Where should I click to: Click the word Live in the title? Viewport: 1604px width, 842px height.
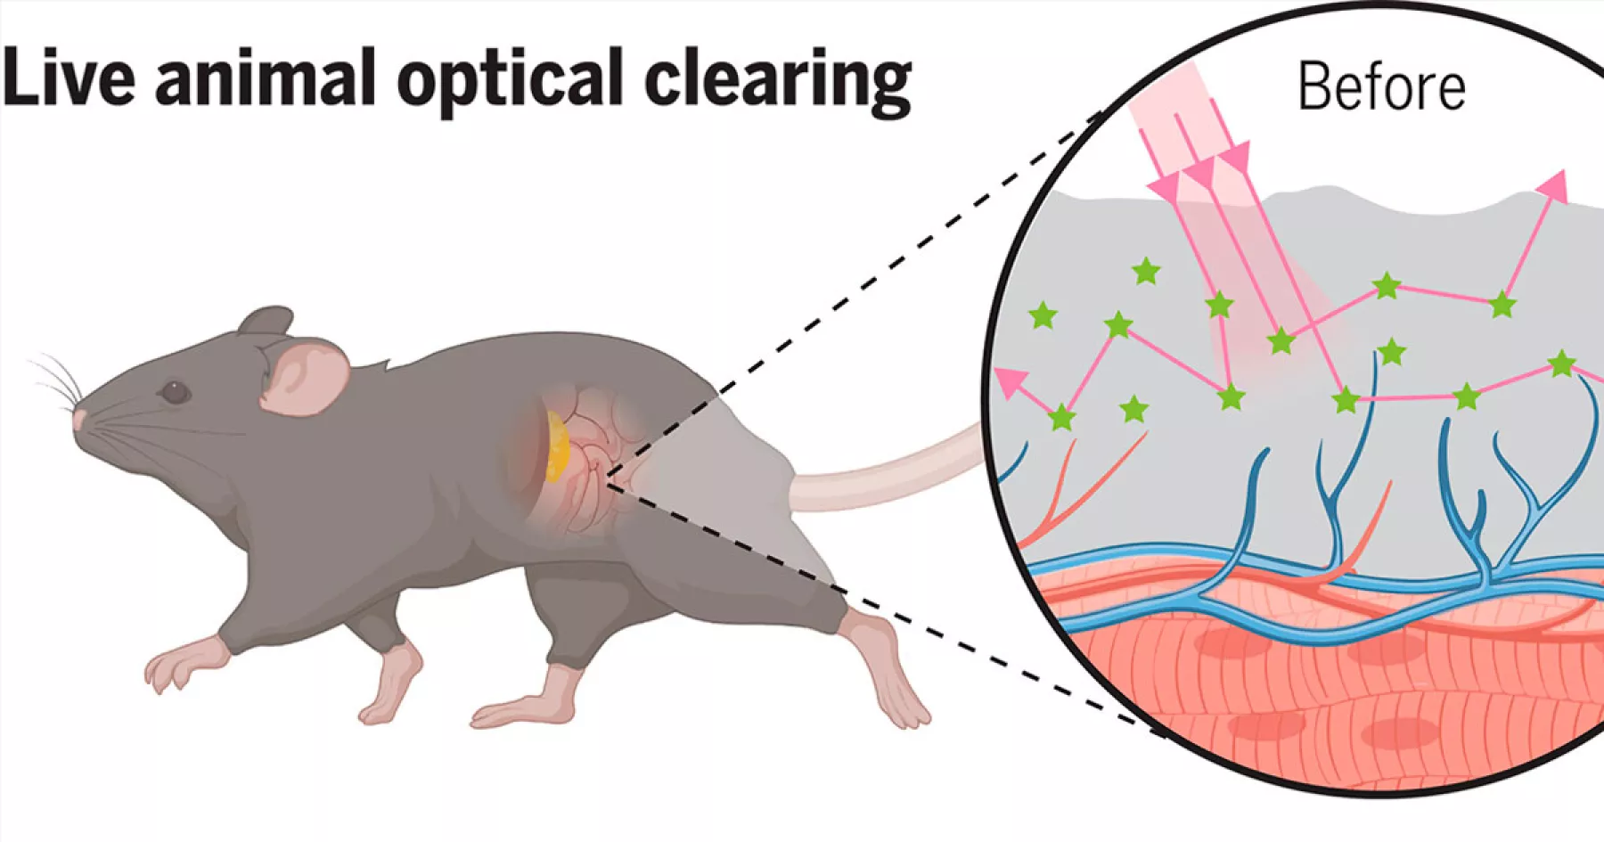(68, 78)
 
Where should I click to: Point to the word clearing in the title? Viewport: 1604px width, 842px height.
(777, 82)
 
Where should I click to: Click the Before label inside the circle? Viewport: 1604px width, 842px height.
(1380, 87)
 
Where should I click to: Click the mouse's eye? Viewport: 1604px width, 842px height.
(174, 391)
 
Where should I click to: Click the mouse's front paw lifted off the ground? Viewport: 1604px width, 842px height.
(178, 664)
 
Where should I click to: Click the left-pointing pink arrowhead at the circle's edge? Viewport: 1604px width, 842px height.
(1011, 383)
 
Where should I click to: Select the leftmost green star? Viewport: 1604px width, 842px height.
(1043, 315)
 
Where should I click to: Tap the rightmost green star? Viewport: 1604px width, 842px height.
(1561, 364)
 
